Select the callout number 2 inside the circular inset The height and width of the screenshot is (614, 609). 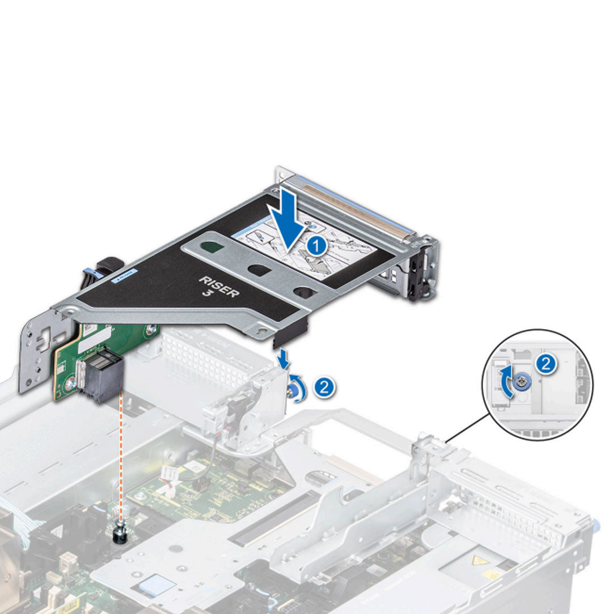pyautogui.click(x=546, y=364)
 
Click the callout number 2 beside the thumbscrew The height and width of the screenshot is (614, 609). pyautogui.click(x=324, y=387)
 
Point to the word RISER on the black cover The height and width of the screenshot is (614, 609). pyautogui.click(x=219, y=285)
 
